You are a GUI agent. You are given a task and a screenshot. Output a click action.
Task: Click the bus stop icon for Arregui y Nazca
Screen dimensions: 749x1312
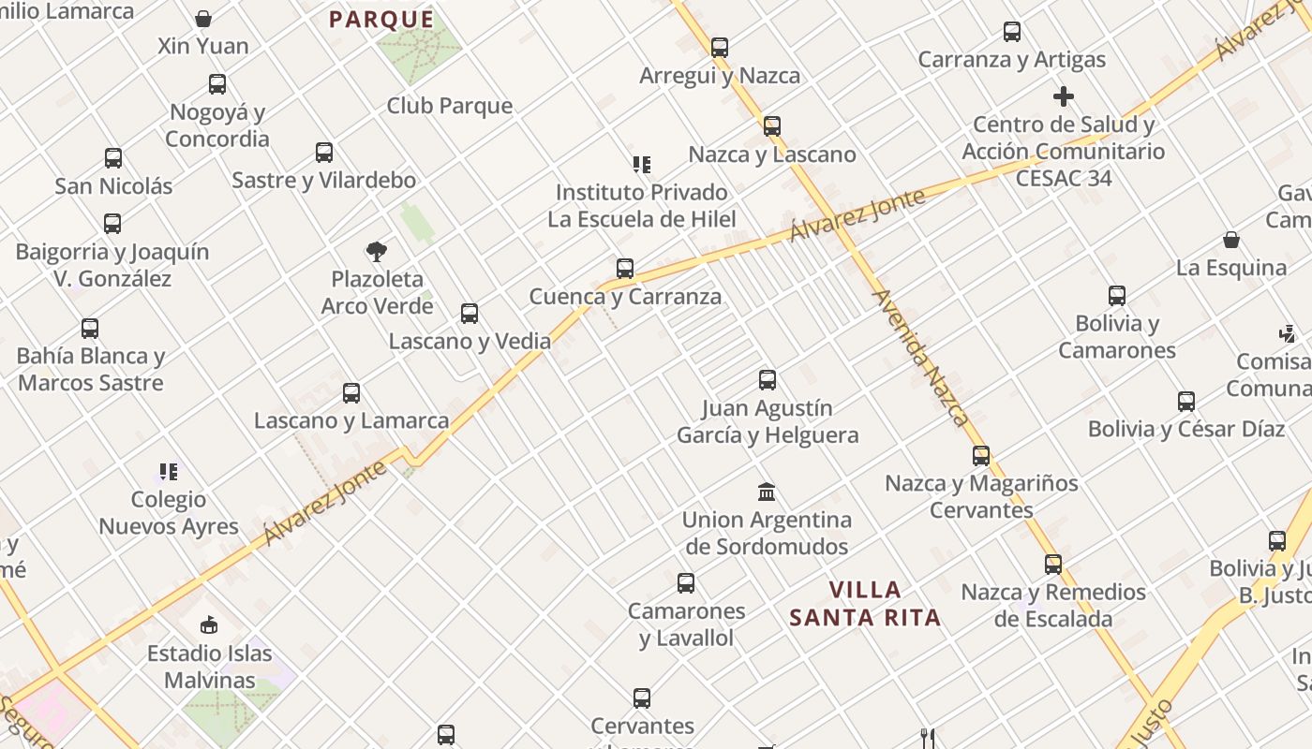[x=720, y=48]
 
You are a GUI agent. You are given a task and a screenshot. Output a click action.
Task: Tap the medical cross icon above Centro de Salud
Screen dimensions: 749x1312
[x=1063, y=96]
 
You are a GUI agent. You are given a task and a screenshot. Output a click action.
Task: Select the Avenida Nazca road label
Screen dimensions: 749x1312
[x=920, y=358]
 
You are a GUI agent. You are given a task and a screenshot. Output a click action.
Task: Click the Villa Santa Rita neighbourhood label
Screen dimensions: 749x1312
[x=864, y=604]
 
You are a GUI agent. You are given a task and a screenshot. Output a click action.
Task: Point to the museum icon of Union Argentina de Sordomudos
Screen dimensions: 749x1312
[x=767, y=492]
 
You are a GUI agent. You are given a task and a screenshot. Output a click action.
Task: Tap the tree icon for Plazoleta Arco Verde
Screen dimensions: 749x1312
[x=377, y=251]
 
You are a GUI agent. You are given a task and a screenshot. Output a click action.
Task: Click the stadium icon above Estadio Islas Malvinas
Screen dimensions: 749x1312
[x=209, y=624]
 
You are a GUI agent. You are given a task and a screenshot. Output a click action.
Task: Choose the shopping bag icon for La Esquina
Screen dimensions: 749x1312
[x=1231, y=241]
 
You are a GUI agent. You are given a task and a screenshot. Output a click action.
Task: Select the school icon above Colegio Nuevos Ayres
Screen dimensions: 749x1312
[x=169, y=472]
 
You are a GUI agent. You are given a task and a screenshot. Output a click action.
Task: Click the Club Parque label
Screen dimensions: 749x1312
[x=450, y=106]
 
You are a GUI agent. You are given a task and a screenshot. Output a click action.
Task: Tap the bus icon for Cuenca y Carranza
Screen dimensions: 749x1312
[x=625, y=269]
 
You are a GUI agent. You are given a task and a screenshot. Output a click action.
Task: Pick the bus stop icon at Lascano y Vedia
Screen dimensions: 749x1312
[x=470, y=314]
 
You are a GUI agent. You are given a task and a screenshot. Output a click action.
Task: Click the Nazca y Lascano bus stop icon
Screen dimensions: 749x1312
[x=772, y=126]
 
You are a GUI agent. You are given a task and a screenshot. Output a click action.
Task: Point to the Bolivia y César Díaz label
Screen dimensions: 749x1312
[x=1185, y=429]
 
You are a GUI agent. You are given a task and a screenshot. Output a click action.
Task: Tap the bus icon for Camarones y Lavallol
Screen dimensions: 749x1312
[x=686, y=583]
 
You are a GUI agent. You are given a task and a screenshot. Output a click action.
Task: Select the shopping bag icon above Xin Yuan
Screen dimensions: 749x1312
[x=203, y=19]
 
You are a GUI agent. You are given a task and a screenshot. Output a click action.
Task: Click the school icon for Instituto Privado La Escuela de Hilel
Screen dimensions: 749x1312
[x=641, y=165]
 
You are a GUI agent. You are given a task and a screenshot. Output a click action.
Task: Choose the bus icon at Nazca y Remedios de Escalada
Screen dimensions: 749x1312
[x=1053, y=565]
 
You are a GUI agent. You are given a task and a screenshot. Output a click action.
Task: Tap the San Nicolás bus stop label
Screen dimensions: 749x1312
[x=113, y=185]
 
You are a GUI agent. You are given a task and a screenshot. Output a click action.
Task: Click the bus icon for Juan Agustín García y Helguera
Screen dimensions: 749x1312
[x=768, y=380]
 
